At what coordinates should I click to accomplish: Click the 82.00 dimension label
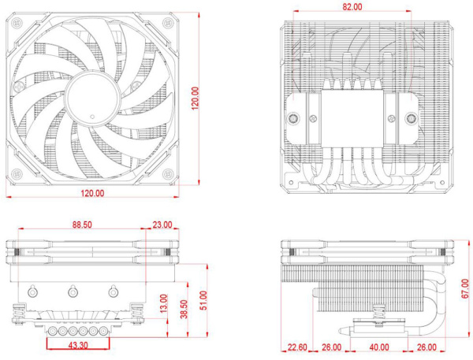[x=352, y=6]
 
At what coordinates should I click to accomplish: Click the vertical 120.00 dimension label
[x=196, y=98]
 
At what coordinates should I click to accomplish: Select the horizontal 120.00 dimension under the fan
[x=92, y=193]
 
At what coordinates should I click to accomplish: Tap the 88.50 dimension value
[x=82, y=225]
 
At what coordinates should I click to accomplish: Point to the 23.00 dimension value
[x=162, y=225]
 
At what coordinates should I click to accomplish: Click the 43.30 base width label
[x=78, y=345]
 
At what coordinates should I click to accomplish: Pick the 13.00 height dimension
[x=163, y=303]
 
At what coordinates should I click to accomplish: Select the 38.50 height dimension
[x=184, y=309]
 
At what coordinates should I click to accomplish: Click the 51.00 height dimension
[x=203, y=300]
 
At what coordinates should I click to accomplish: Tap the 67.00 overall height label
[x=465, y=289]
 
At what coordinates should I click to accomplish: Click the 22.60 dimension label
[x=297, y=347]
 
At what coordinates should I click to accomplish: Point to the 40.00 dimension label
[x=379, y=347]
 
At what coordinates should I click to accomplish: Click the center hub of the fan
[x=92, y=98]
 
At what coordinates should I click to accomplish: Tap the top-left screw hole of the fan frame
[x=16, y=22]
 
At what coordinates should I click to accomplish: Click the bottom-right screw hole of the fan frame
[x=168, y=174]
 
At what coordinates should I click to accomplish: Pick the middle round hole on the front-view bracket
[x=73, y=291]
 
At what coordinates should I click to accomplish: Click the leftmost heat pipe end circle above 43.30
[x=53, y=332]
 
